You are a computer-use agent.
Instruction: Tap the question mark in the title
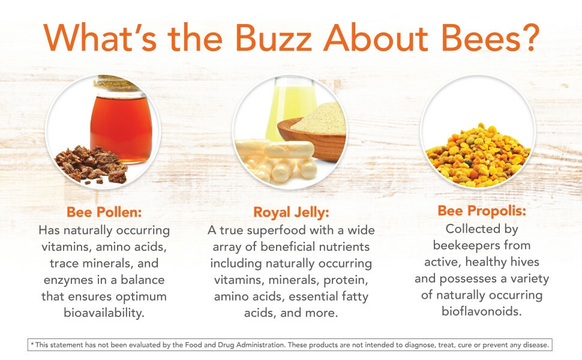point(530,37)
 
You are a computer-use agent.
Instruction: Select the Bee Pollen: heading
point(104,212)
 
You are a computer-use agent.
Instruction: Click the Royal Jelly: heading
point(291,212)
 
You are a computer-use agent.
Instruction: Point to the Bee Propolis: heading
point(482,211)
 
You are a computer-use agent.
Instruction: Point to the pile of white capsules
point(277,160)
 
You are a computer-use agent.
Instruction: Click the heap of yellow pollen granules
point(478,156)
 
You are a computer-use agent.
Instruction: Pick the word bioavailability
point(104,313)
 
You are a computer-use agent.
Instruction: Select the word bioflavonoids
point(481,311)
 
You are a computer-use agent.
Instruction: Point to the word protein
point(346,280)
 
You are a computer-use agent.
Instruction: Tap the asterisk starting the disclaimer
point(32,344)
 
